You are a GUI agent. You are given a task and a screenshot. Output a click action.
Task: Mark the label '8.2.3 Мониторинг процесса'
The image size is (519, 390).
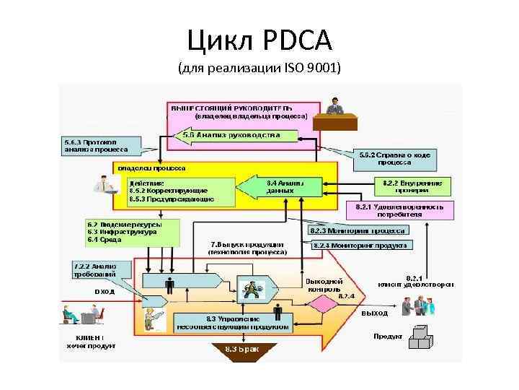(x=358, y=231)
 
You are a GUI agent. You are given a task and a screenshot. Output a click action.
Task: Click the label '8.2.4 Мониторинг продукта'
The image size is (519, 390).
(x=360, y=245)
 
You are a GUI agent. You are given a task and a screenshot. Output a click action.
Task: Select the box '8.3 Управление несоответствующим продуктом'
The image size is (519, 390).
(x=233, y=323)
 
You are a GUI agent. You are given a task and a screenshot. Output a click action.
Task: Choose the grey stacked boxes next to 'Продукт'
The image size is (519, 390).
(x=421, y=338)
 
